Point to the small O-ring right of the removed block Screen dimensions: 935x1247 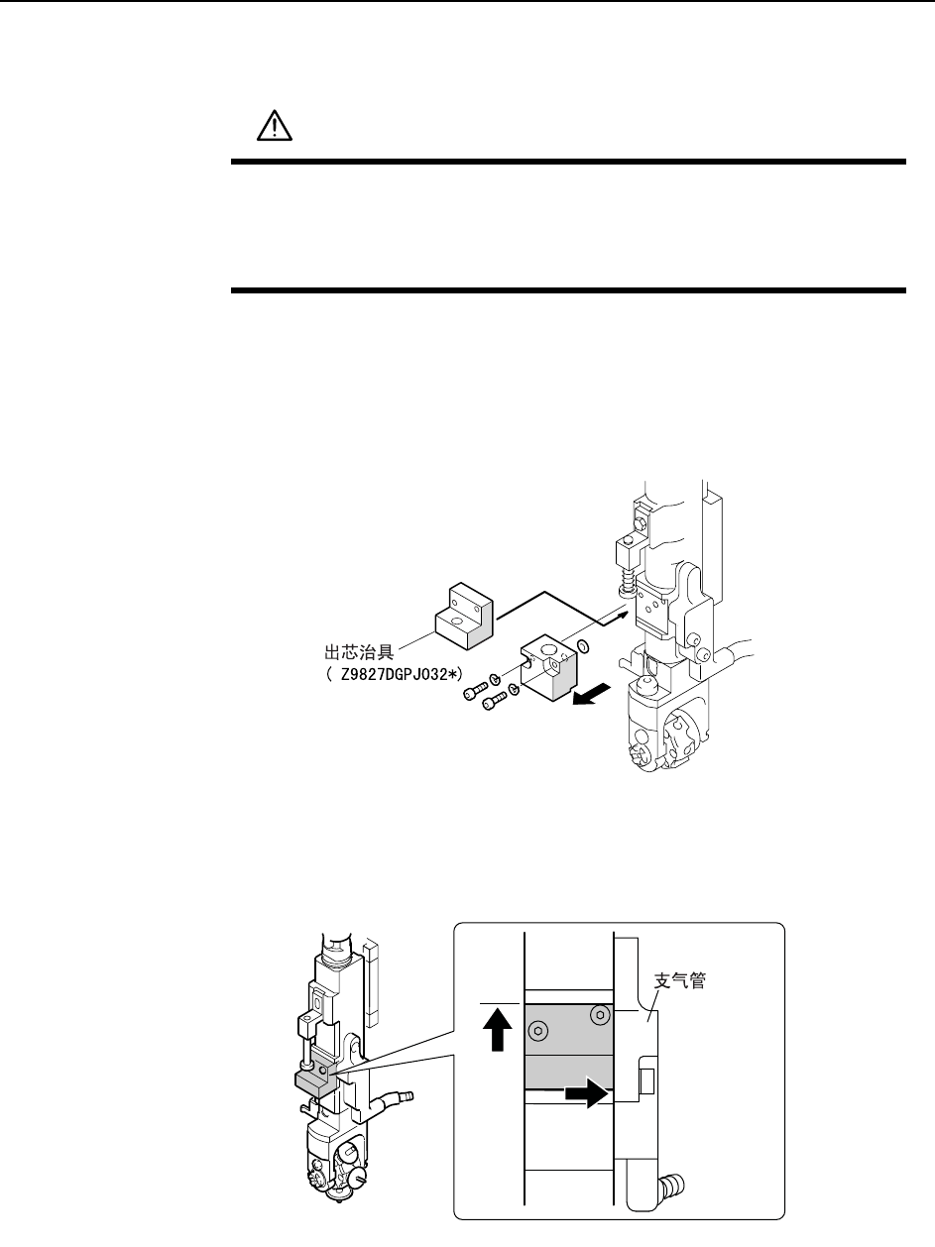coord(584,647)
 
